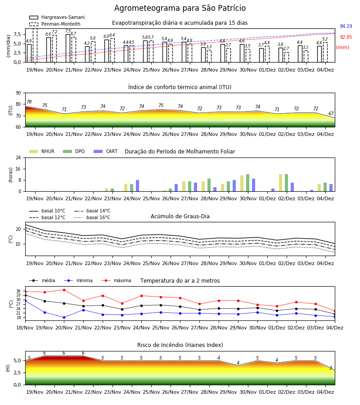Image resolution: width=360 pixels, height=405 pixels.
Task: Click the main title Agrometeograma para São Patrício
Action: point(180,8)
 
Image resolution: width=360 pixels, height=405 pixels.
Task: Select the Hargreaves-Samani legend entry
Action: point(57,17)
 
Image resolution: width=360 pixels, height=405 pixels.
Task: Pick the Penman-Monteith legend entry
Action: point(55,24)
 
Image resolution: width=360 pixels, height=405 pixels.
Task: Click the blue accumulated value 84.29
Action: point(346,27)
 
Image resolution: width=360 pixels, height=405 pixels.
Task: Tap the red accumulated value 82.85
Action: point(346,37)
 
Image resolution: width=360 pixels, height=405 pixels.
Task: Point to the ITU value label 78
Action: point(29,102)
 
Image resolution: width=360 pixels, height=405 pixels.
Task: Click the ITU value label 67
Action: point(331,113)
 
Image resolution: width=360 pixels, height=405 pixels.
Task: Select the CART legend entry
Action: point(106,151)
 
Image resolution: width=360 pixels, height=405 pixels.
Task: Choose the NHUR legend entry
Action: point(42,151)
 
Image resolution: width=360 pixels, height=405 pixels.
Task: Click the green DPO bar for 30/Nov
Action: point(248,183)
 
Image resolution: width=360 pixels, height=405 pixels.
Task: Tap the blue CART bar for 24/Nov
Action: point(137,186)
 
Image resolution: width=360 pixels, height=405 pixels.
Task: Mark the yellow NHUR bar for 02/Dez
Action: point(281,183)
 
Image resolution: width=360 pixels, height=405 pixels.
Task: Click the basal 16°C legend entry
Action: point(92,217)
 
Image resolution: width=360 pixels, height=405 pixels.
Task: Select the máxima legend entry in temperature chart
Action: point(116,280)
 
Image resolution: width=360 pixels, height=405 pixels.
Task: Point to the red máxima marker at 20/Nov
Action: point(64,290)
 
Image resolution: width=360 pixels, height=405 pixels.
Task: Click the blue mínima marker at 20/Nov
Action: point(64,317)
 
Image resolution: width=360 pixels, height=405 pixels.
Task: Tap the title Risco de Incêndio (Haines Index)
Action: point(180,345)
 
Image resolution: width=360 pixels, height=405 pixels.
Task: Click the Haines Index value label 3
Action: point(331,368)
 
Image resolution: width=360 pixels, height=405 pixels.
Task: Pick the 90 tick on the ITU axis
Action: point(18,93)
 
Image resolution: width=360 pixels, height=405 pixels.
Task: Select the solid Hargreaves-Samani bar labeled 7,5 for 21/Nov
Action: point(68,48)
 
